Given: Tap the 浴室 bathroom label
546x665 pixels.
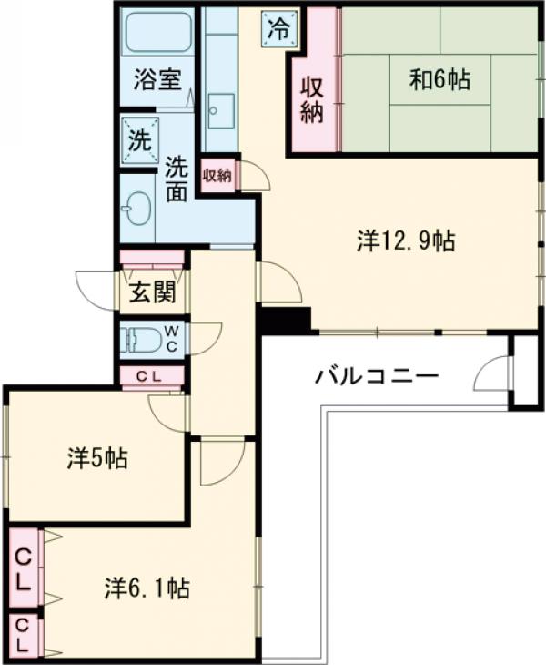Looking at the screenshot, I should tap(157, 79).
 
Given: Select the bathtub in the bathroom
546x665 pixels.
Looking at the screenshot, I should tap(158, 33).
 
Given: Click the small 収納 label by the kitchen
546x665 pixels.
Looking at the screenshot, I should tap(217, 175).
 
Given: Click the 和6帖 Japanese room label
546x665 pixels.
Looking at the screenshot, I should tap(439, 80).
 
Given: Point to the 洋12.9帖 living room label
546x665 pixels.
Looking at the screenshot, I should tap(406, 240).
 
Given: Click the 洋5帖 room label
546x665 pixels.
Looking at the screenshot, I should tap(96, 457).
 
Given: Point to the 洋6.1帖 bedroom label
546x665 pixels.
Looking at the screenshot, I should tap(147, 588).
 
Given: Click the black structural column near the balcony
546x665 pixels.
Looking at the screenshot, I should tap(284, 320).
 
